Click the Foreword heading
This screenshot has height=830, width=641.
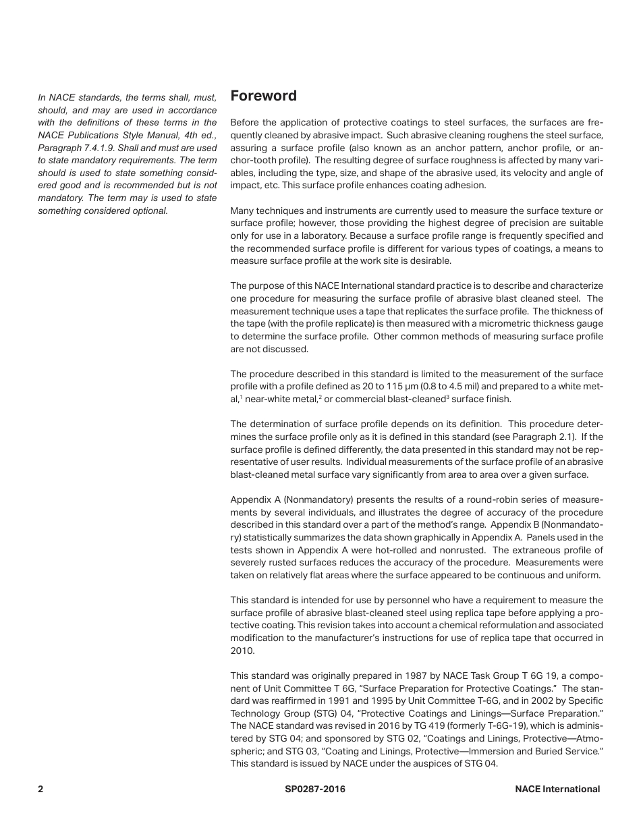point(263,96)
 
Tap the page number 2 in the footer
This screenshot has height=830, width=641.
point(40,789)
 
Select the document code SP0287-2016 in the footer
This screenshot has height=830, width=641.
point(315,789)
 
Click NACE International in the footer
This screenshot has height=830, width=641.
point(557,789)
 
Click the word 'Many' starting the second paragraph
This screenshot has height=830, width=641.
point(243,211)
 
